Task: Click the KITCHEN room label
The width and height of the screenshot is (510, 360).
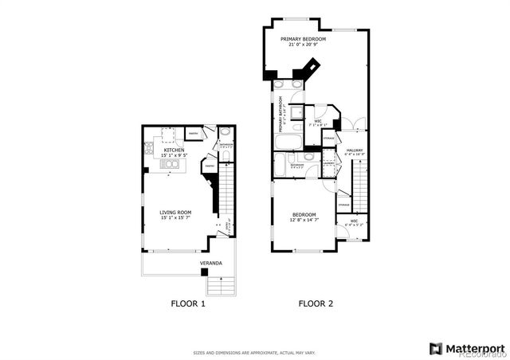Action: click(175, 150)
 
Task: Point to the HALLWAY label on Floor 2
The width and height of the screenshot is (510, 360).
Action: click(355, 150)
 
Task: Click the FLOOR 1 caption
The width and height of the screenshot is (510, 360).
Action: click(188, 303)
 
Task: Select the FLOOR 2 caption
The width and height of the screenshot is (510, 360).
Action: click(316, 303)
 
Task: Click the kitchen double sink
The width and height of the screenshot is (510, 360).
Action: click(170, 165)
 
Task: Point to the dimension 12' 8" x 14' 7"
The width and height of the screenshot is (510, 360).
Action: click(304, 221)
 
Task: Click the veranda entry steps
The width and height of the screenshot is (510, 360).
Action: click(220, 284)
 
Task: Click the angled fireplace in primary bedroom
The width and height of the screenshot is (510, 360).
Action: click(311, 67)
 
